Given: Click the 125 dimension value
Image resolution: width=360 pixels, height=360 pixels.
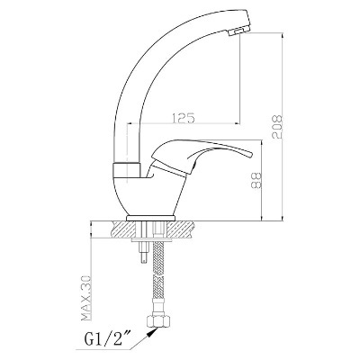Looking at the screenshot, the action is pos(184,118).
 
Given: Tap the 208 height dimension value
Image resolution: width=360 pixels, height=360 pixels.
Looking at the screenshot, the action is pos(277,127).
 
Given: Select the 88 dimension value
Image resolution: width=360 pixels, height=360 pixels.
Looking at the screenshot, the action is pos(256,180).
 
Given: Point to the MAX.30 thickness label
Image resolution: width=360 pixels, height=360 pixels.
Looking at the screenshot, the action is pos(86,298).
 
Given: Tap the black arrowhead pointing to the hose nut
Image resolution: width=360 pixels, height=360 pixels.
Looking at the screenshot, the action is pos(153,332).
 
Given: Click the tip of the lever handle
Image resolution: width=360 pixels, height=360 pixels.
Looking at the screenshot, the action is pos(251,154).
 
